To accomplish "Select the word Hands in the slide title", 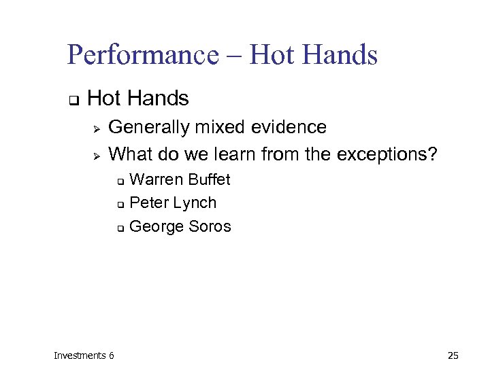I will click(341, 55).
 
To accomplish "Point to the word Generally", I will click(150, 128).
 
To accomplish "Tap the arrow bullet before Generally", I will click(97, 128).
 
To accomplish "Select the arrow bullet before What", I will click(97, 156).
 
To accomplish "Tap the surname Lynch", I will click(195, 203).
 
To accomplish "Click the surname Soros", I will click(209, 226).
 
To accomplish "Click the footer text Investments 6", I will click(84, 355).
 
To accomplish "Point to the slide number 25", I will click(454, 355).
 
